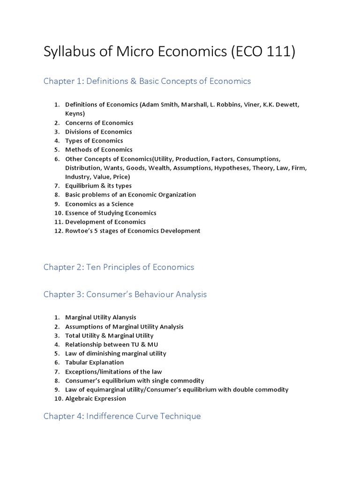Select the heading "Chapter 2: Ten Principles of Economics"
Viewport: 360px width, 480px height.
point(119,267)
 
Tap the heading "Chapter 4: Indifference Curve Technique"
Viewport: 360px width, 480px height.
point(122,416)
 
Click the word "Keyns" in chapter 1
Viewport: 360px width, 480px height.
point(75,113)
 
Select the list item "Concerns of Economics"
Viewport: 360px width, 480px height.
point(99,123)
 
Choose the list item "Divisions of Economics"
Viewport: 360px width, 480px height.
point(98,132)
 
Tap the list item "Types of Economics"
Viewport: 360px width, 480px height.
point(94,141)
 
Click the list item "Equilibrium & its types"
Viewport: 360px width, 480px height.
point(98,186)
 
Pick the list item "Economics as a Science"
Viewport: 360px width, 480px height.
point(99,204)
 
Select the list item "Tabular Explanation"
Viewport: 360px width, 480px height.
point(95,362)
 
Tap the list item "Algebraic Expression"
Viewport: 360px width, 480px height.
point(96,398)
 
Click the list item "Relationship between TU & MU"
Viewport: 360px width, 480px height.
point(112,345)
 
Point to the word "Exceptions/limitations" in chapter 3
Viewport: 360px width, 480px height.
point(96,372)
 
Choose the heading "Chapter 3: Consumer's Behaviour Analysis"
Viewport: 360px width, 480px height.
point(125,294)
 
